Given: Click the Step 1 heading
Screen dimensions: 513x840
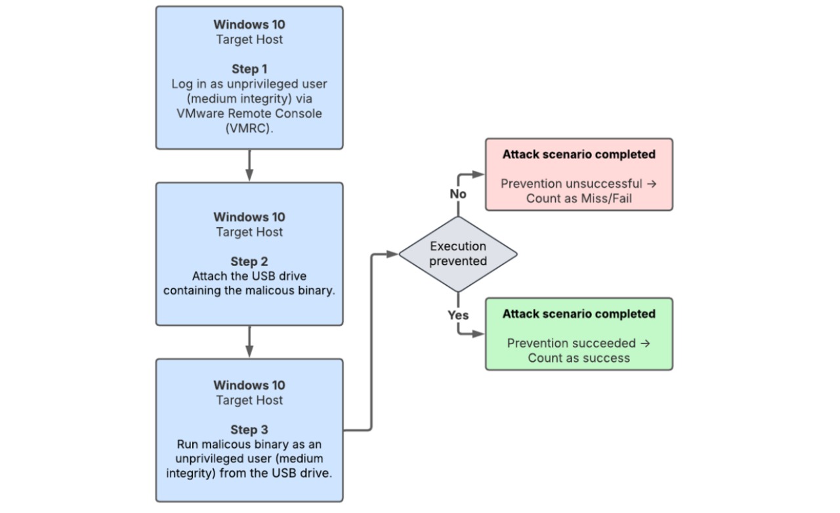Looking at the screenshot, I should tap(249, 69).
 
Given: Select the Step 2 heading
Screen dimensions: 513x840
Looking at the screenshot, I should tap(249, 261).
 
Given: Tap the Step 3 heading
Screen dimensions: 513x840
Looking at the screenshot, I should tap(249, 430).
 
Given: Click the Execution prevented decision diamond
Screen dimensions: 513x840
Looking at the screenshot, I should tap(458, 254).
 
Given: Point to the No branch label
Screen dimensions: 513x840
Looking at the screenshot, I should tap(458, 194).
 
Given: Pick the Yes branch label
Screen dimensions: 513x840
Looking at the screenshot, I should tap(458, 315).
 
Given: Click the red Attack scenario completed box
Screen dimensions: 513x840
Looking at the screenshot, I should tap(579, 174).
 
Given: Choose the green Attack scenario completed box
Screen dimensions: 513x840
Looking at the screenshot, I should tap(579, 334).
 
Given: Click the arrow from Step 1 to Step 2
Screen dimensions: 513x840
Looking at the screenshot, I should tap(249, 165).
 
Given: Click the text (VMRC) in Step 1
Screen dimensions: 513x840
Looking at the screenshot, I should tap(249, 128).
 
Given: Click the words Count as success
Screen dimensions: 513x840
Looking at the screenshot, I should tap(579, 358).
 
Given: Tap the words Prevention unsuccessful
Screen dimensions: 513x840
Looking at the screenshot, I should tap(571, 183).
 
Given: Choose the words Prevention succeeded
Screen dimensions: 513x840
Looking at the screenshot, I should tap(571, 343).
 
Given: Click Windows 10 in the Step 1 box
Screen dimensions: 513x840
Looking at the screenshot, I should tap(249, 24).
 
